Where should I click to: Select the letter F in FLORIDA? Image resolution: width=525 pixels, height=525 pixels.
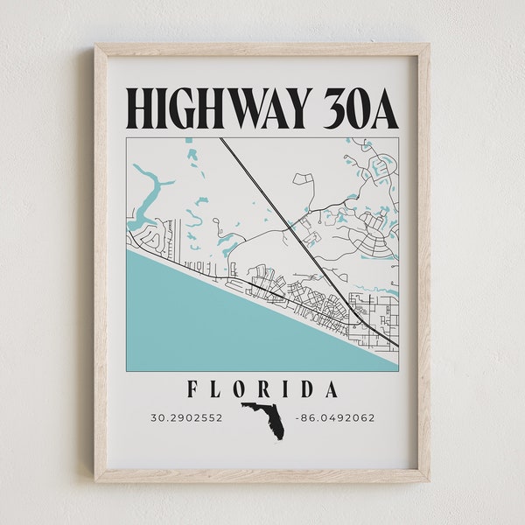[192, 388]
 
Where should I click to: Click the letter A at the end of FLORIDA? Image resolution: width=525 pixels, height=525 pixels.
[331, 388]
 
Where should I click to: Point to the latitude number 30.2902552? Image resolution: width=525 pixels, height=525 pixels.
[186, 417]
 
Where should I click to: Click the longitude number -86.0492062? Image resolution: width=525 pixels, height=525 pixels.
[335, 417]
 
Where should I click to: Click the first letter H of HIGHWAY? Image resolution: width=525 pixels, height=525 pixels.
[141, 108]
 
